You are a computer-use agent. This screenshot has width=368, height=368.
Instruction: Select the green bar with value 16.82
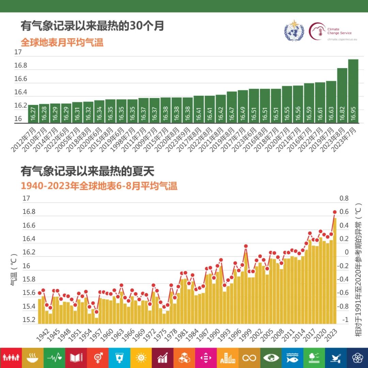pyautogui.click(x=342, y=95)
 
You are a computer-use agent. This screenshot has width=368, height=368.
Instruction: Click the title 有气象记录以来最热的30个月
pyautogui.click(x=92, y=26)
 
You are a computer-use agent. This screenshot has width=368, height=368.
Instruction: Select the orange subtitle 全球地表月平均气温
pyautogui.click(x=62, y=43)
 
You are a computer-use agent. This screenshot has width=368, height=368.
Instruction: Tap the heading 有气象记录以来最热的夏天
pyautogui.click(x=88, y=171)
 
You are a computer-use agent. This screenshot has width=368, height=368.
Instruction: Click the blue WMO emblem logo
pyautogui.click(x=293, y=31)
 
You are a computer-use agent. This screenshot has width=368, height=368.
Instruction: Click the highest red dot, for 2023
pyautogui.click(x=335, y=212)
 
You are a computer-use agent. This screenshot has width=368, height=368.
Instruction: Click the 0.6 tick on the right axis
pyautogui.click(x=344, y=212)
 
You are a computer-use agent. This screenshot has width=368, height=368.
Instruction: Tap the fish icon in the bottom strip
pyautogui.click(x=292, y=358)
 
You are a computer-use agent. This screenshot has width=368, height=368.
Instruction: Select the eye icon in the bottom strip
pyautogui.click(x=271, y=358)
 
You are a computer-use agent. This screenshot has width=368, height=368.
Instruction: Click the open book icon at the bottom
pyautogui.click(x=76, y=358)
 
